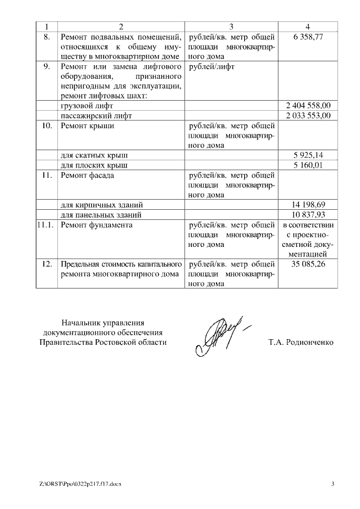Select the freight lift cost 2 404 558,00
coord(308,105)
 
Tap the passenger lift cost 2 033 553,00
coord(308,115)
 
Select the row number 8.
coord(47,37)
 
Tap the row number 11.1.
coord(47,225)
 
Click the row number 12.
coord(47,264)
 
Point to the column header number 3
coord(231,26)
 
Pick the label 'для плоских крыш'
coord(93,165)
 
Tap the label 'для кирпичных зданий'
coord(101,204)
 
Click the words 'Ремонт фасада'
coord(89,175)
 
